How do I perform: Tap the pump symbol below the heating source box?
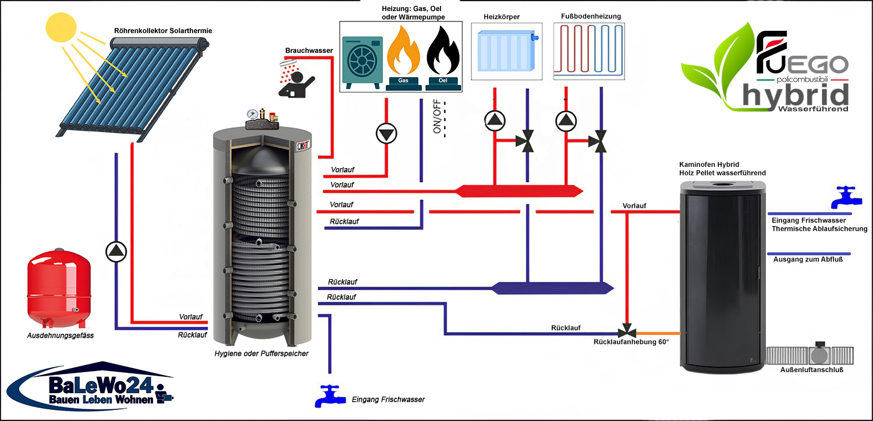pos(385,134)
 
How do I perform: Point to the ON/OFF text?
pos(437,119)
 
